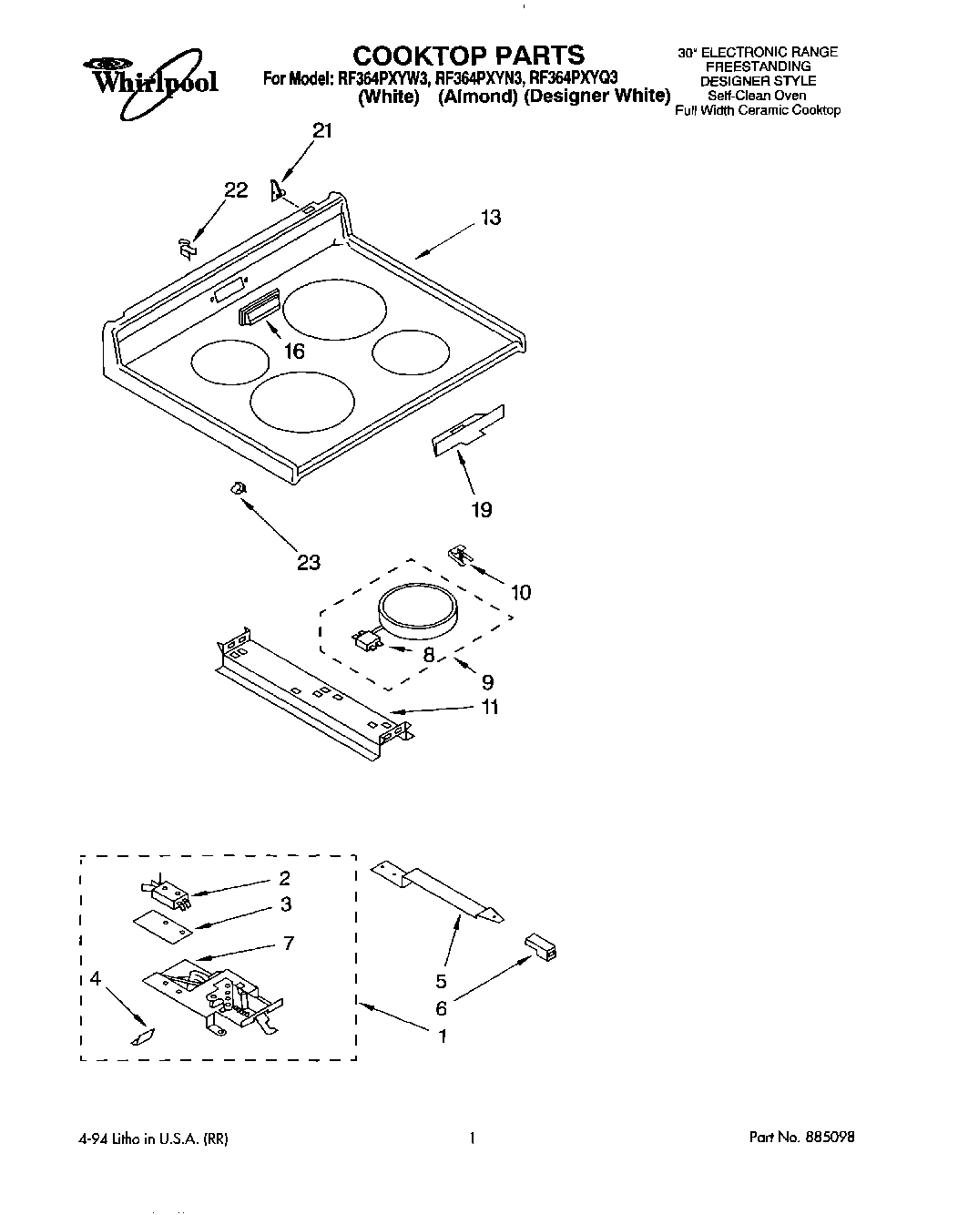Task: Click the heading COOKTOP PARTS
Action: click(468, 54)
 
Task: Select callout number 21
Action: click(322, 131)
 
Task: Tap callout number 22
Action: click(236, 189)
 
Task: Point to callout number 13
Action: click(491, 218)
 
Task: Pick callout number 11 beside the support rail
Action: click(490, 706)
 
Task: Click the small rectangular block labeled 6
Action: click(542, 948)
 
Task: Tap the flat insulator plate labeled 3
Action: click(163, 925)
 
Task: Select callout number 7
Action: click(288, 943)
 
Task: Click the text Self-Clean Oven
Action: click(757, 95)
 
